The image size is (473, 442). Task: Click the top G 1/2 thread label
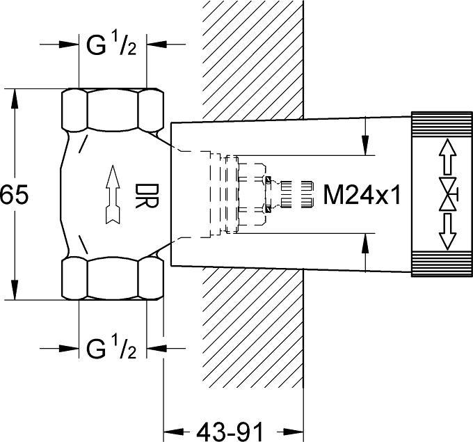pyautogui.click(x=111, y=47)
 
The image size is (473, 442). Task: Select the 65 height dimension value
pyautogui.click(x=14, y=196)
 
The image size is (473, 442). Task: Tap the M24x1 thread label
pyautogui.click(x=362, y=195)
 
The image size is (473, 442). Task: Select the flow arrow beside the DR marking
pyautogui.click(x=110, y=196)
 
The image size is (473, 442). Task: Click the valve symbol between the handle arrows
pyautogui.click(x=446, y=193)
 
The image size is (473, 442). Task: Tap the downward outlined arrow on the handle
pyautogui.click(x=446, y=232)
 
